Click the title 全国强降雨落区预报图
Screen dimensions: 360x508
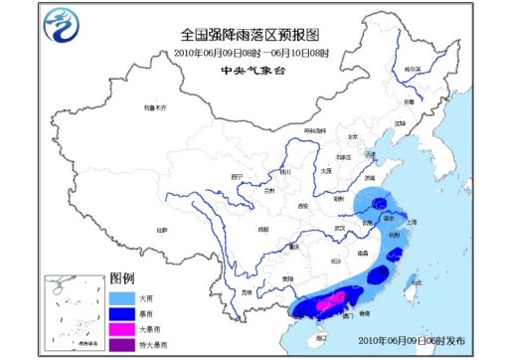pos(252,34)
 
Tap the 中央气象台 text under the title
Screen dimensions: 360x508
pos(252,70)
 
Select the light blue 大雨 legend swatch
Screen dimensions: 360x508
pos(118,296)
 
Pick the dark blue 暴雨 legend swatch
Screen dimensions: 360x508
pos(118,312)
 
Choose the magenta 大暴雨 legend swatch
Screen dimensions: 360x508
pos(118,328)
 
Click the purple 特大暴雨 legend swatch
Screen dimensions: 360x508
pos(118,344)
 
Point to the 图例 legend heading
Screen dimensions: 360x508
pos(121,278)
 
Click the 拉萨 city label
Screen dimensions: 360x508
pos(159,230)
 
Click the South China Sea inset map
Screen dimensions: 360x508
pos(71,312)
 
